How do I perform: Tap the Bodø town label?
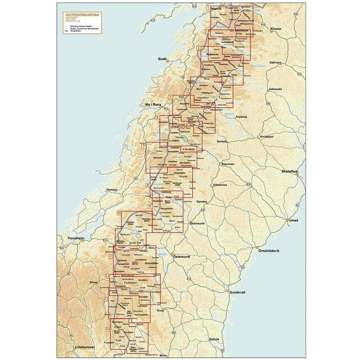pos(162,59)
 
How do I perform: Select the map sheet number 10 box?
pos(119,214)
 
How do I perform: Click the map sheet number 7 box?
pos(144,147)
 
